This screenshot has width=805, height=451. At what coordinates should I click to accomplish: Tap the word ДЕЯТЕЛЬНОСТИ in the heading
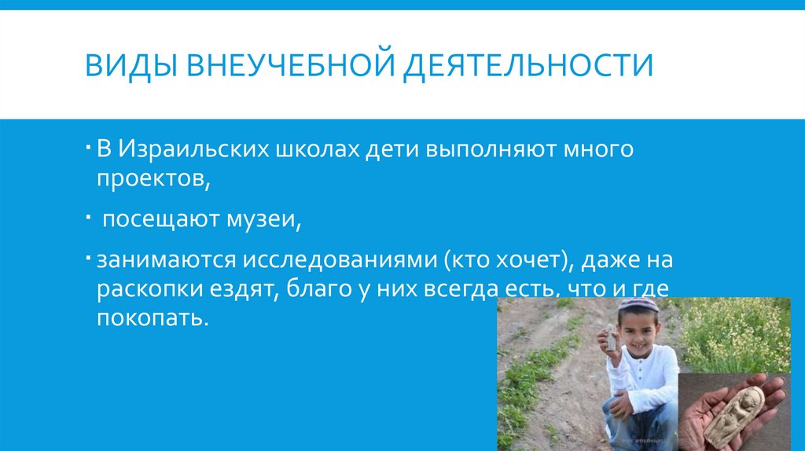[x=527, y=65]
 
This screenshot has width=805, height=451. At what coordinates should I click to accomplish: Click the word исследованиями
[x=343, y=260]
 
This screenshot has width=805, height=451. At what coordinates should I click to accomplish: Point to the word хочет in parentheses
[x=524, y=260]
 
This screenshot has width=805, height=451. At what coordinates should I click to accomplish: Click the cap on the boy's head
[x=638, y=304]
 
